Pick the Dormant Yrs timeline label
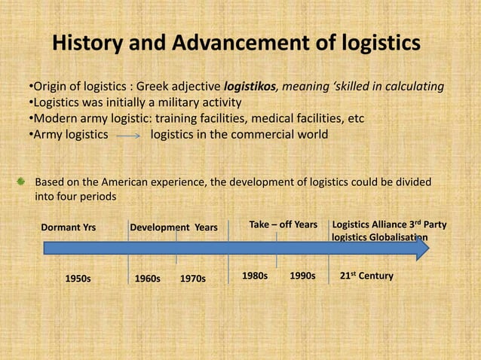click(73, 227)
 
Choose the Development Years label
click(173, 227)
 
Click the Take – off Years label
click(283, 224)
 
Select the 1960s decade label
click(147, 278)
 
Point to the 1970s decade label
click(193, 278)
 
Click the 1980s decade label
click(254, 276)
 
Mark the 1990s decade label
click(302, 276)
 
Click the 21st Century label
click(366, 276)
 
